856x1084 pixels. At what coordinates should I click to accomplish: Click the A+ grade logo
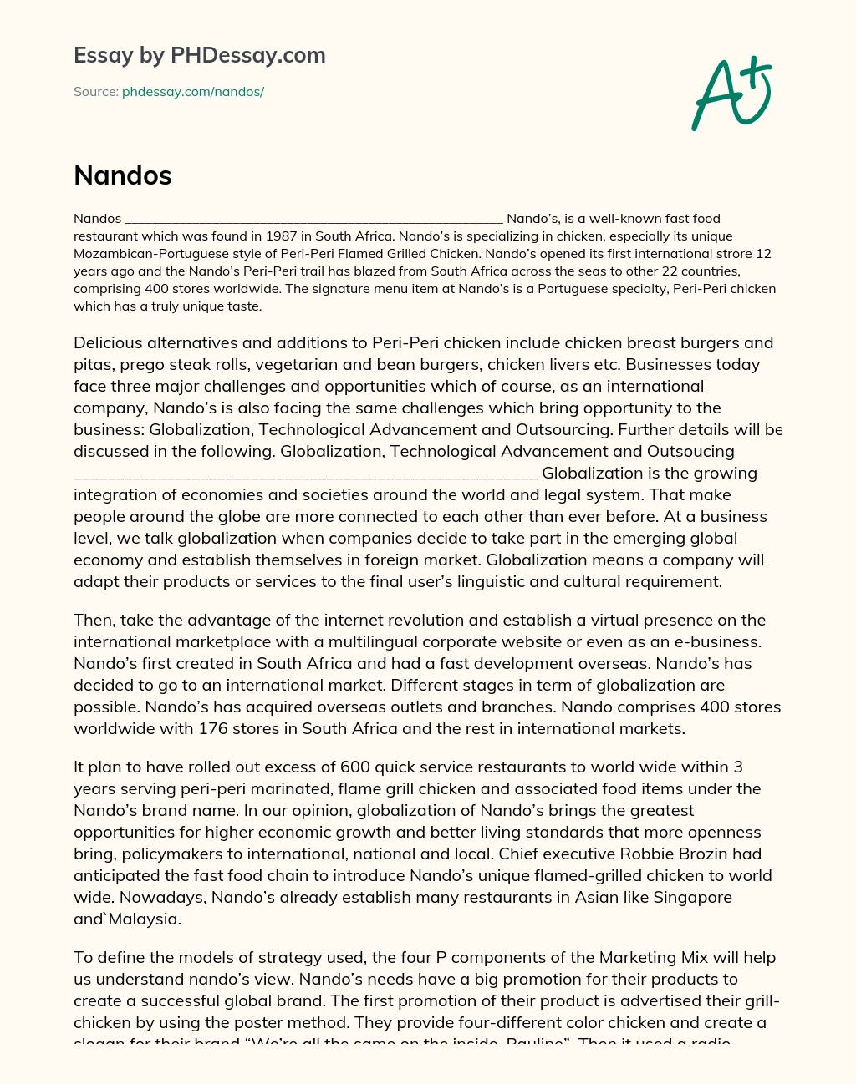(732, 94)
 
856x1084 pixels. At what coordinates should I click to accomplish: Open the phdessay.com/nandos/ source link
(193, 92)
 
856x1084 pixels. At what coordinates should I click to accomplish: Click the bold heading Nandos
(123, 175)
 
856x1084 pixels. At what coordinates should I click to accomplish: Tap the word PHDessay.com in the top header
(247, 55)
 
